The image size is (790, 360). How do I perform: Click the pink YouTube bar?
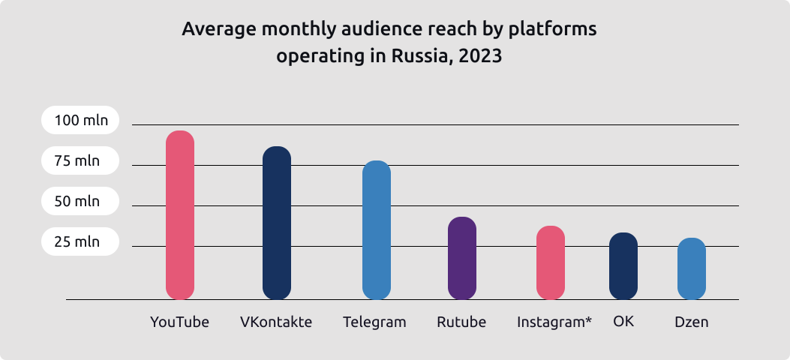pos(180,214)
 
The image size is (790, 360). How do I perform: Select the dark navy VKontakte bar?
pos(277,223)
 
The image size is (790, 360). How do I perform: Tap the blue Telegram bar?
pos(377,229)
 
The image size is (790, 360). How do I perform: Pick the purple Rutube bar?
pos(462,258)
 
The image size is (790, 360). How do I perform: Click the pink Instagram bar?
pos(551,262)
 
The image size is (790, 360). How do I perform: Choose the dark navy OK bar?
pos(623,265)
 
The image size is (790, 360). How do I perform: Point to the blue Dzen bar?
pos(692,268)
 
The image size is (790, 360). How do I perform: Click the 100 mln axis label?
pos(80,120)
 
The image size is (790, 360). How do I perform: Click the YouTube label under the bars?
pos(179,322)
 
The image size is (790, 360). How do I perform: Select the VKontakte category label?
pos(276,322)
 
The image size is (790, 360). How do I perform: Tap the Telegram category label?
pos(374,322)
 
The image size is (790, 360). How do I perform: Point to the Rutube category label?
pos(461,322)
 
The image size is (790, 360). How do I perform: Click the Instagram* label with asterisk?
pos(554,322)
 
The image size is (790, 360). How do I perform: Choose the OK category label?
pos(623,322)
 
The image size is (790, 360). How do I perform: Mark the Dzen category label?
pos(692,322)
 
